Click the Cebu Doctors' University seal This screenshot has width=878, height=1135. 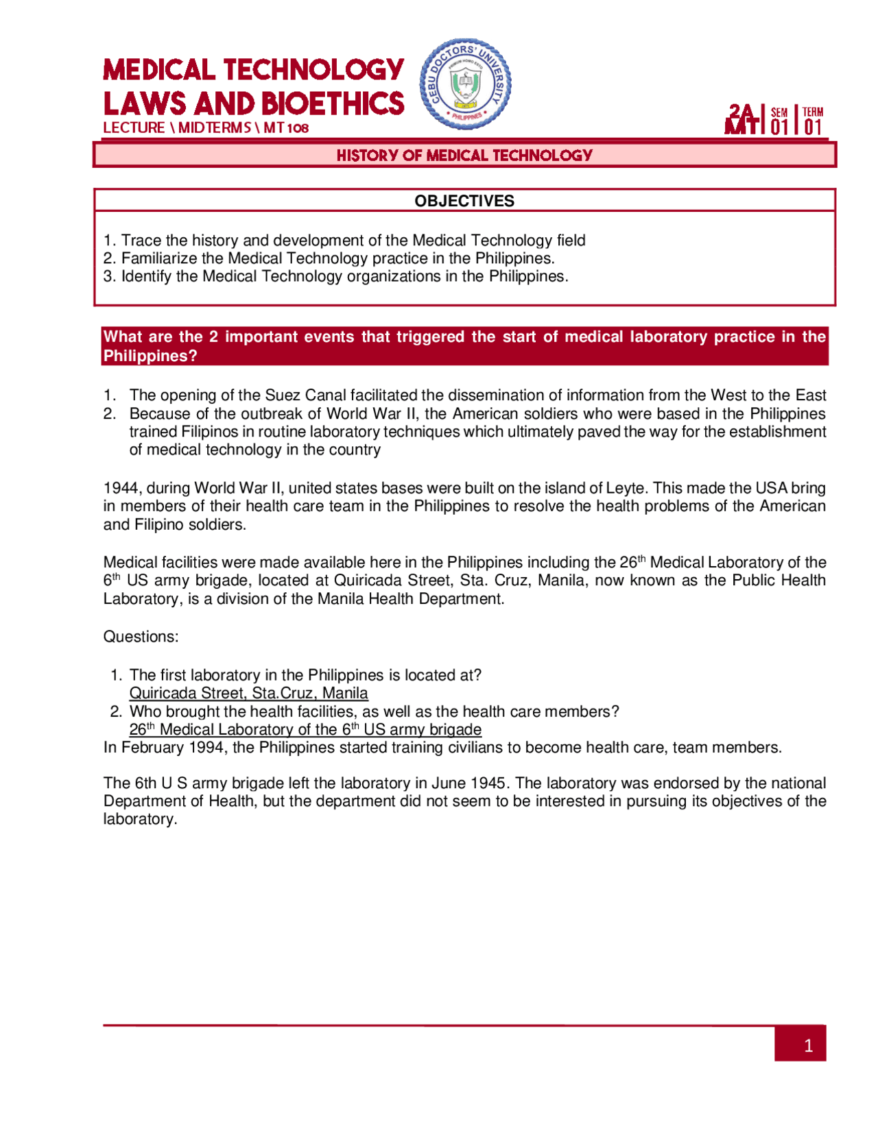click(465, 84)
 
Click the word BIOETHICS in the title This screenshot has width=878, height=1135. click(333, 104)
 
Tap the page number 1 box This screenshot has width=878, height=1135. click(800, 1045)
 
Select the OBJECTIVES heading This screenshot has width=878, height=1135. click(464, 201)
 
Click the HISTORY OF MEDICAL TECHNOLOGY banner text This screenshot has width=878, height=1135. click(464, 156)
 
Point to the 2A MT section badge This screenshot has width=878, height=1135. click(742, 119)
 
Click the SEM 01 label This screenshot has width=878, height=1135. click(779, 121)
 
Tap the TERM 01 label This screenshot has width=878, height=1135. click(813, 121)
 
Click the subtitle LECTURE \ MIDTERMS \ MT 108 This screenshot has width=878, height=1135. click(206, 128)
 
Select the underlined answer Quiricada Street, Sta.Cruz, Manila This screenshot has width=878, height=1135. click(248, 693)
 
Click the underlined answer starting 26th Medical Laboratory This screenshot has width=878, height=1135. click(305, 729)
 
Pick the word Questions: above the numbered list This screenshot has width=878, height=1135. click(141, 637)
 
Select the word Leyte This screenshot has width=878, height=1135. click(626, 488)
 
